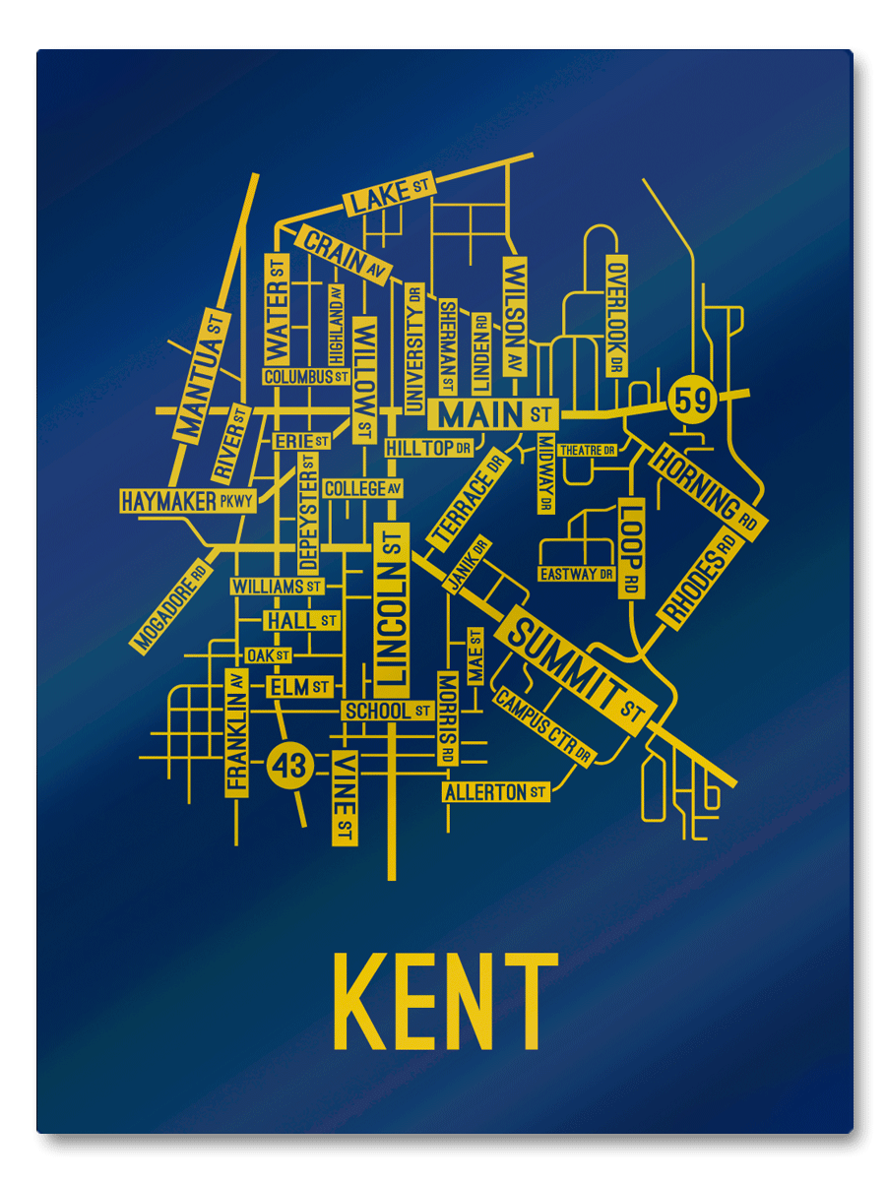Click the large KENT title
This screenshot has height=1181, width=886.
[446, 1003]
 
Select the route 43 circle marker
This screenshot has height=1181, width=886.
[290, 764]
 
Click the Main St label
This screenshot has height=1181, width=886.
[493, 413]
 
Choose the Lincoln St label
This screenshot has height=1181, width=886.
[392, 604]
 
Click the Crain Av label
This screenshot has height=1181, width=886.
[344, 252]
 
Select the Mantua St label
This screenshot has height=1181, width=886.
[202, 375]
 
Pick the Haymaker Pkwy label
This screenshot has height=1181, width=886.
[187, 501]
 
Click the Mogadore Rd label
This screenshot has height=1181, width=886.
[171, 607]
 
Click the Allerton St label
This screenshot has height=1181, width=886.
[495, 792]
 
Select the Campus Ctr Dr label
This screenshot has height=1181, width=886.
[544, 727]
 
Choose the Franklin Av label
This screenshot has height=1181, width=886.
[236, 730]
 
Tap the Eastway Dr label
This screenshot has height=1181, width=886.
[576, 574]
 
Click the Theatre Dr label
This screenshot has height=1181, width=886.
[587, 450]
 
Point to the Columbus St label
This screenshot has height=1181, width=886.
[306, 376]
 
